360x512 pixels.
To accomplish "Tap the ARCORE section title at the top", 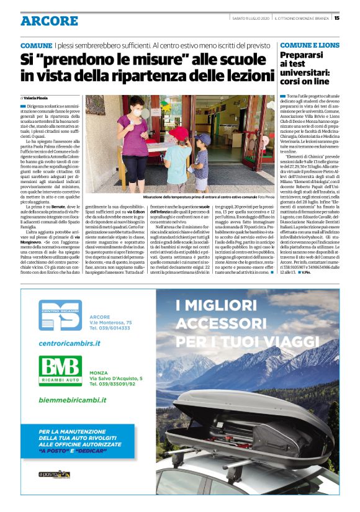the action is [49, 20].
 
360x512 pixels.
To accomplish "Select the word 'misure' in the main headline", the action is [157, 61].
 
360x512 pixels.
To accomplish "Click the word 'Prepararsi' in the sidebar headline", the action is [305, 55].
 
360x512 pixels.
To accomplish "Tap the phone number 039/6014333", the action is [111, 330].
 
